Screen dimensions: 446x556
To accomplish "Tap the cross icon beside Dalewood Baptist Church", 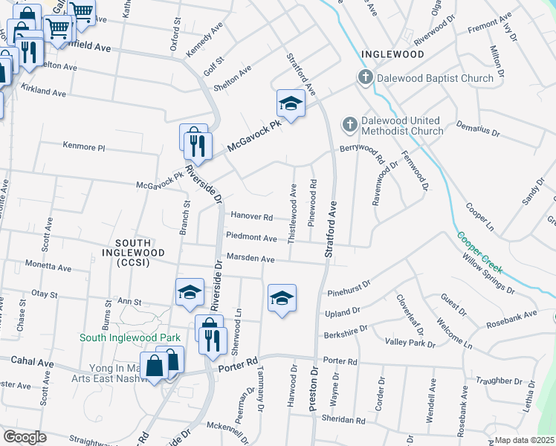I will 365,77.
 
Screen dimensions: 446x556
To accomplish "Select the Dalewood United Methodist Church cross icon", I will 349,123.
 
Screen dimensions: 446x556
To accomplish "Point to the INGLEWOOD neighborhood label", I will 392,55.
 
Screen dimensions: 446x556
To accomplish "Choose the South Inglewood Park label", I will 131,337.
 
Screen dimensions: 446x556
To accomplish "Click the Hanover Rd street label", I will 251,217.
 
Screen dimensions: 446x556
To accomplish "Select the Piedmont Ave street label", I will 251,238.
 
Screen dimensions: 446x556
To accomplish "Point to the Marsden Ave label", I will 250,259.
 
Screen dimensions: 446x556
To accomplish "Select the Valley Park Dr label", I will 410,343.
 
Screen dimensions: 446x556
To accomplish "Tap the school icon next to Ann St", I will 190,292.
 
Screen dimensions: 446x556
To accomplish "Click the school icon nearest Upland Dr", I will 282,298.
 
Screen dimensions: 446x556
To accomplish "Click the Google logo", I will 25,436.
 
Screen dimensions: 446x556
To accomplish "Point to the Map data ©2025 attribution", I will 524,440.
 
